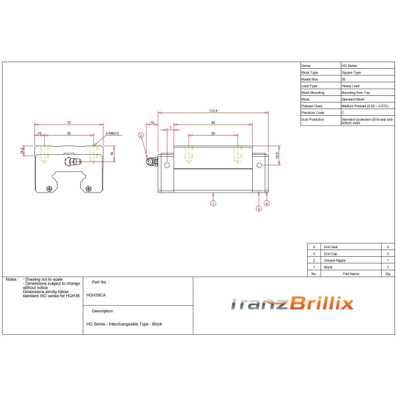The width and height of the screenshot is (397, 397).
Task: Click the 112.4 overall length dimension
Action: pos(213,111)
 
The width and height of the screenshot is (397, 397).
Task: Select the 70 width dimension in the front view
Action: pos(69,122)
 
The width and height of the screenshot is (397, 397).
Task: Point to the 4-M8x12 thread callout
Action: pos(112,134)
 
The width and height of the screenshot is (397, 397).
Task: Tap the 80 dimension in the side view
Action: pos(213,122)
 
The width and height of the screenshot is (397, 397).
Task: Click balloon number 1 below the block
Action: pos(213,204)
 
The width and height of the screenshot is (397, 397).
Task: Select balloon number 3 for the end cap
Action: pos(259,208)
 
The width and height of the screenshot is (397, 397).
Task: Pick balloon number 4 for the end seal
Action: pos(267,203)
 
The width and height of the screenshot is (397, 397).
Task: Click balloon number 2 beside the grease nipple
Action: pos(141,135)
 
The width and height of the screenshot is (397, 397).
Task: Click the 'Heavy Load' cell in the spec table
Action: pos(351,85)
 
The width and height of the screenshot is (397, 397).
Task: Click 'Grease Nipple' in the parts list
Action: pos(335,259)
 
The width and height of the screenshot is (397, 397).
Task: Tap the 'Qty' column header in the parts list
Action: pos(386,273)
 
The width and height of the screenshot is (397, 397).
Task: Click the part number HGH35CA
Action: pos(97,295)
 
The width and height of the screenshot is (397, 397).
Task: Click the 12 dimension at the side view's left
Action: pos(152,122)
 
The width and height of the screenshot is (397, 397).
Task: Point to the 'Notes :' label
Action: pos(11,281)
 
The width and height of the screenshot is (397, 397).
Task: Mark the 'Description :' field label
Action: pos(103,310)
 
